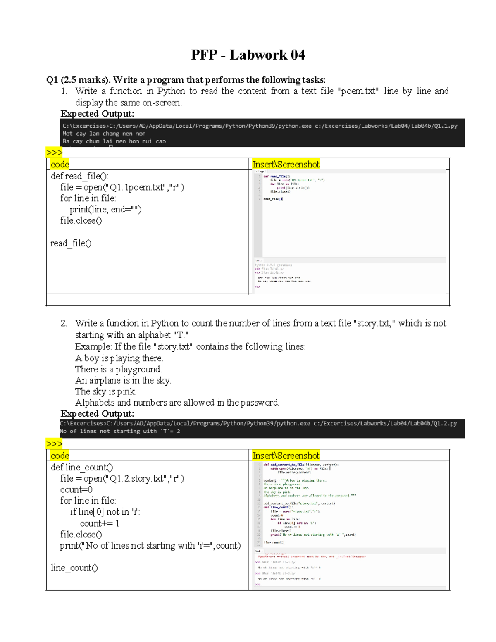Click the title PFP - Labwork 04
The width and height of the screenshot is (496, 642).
click(x=248, y=55)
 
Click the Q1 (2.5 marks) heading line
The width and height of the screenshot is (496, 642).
click(x=186, y=80)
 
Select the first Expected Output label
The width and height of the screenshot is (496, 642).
click(x=97, y=114)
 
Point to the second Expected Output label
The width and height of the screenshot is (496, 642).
click(x=97, y=413)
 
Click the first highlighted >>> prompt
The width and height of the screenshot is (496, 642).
click(x=54, y=153)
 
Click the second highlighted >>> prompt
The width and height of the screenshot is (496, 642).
click(x=54, y=444)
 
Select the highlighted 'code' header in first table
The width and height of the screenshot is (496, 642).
click(x=60, y=165)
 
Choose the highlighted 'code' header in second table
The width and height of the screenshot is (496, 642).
click(x=60, y=456)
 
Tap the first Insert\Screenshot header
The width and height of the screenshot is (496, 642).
click(x=286, y=165)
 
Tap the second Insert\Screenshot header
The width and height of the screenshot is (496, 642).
click(x=286, y=456)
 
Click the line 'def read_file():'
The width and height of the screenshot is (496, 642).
click(x=80, y=176)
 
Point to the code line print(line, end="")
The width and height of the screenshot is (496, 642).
click(x=105, y=210)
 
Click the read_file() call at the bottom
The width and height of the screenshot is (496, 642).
click(x=71, y=243)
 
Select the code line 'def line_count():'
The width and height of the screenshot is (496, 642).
click(x=83, y=467)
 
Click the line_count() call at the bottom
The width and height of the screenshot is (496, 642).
click(x=74, y=568)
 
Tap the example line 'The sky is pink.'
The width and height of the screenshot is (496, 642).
click(x=106, y=391)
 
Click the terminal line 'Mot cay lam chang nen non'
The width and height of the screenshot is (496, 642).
click(x=104, y=134)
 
